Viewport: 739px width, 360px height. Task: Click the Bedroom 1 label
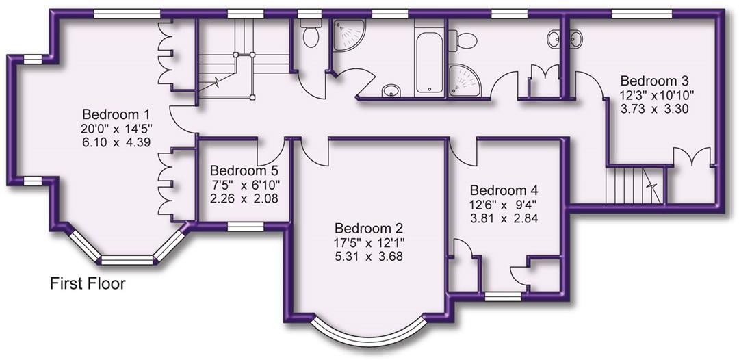[116, 114]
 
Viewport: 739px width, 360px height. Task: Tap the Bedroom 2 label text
[368, 229]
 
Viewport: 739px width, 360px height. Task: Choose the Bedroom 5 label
[244, 170]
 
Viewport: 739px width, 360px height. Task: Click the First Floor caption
[88, 283]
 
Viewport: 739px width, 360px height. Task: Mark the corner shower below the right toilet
[465, 80]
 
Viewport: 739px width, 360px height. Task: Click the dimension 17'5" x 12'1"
[368, 243]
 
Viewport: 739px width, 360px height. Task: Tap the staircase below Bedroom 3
[634, 185]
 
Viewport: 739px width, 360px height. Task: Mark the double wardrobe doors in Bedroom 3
[695, 157]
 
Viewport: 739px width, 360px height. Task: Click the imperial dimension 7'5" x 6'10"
[244, 185]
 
